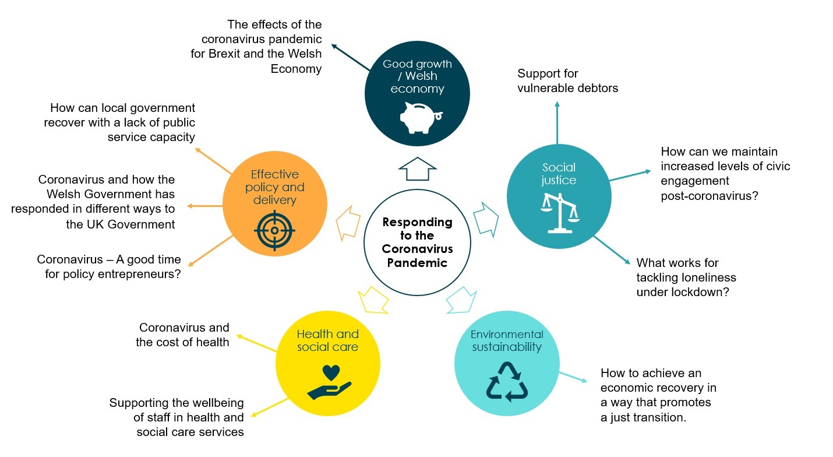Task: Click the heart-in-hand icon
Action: [x=330, y=381]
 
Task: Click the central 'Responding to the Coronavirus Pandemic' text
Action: [x=417, y=242]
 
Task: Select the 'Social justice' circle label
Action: [x=559, y=174]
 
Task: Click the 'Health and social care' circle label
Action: [x=327, y=340]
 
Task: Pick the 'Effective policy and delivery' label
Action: [x=274, y=187]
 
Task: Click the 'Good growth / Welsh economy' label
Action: [x=417, y=76]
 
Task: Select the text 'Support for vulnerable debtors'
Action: [x=567, y=81]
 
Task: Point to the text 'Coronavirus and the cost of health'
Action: [x=183, y=335]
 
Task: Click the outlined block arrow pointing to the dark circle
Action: [x=417, y=169]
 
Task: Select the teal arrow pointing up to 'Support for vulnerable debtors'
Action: [x=557, y=122]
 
